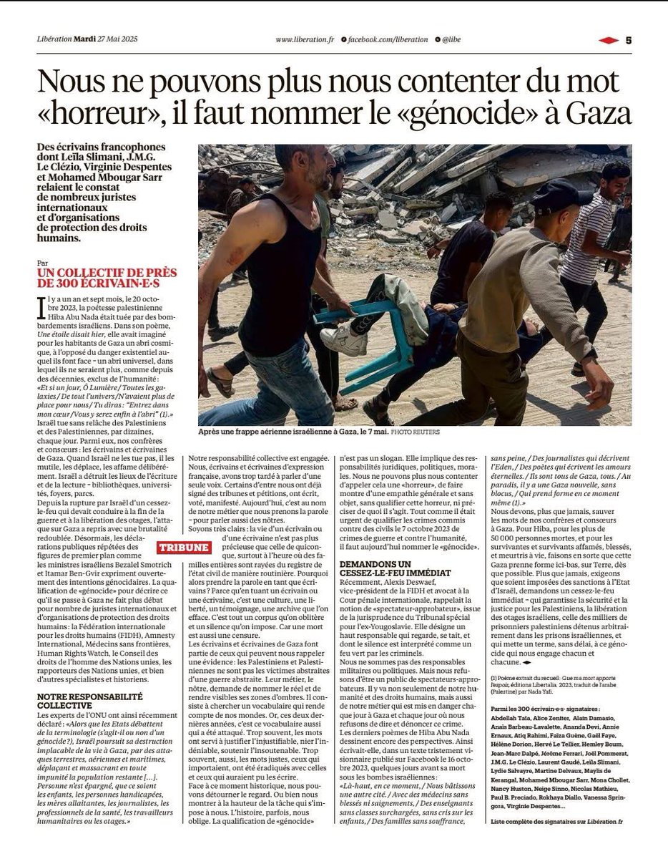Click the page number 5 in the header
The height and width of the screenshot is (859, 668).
[x=629, y=40]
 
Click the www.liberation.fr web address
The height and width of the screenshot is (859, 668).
[x=304, y=40]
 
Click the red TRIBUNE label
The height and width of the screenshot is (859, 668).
[x=184, y=548]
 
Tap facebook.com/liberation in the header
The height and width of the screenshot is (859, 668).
[x=388, y=40]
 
